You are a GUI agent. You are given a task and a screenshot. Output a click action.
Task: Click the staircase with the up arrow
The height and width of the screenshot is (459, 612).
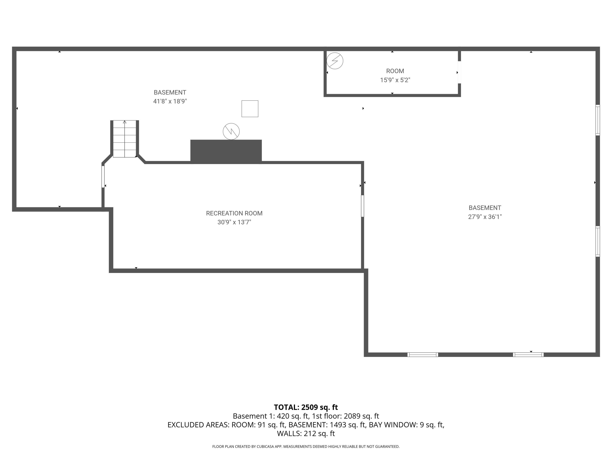coord(124,139)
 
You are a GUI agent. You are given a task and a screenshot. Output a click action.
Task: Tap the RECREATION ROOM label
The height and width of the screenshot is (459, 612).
coord(234,213)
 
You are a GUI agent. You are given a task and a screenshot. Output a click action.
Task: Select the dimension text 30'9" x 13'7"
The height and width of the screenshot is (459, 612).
coord(234,222)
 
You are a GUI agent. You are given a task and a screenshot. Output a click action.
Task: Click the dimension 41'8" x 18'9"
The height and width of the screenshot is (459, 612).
coord(170,101)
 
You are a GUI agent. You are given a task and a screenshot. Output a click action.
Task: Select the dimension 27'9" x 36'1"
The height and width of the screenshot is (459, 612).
coord(485,217)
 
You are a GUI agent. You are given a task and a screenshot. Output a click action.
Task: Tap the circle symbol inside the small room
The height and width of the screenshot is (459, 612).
coord(335,61)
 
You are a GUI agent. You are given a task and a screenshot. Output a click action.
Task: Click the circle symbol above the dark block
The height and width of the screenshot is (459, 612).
coord(231,131)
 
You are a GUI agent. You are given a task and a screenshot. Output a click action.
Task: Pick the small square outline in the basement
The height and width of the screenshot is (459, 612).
coord(250,109)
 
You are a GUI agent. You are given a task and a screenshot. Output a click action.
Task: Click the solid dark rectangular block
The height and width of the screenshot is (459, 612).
coord(226,151)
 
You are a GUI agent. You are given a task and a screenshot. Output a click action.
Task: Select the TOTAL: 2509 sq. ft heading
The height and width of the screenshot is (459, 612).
coord(306,407)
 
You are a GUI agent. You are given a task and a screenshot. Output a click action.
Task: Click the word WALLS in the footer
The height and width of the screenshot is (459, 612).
coord(289,433)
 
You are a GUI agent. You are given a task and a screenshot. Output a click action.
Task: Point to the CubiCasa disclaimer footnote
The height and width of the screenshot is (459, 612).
coord(306,447)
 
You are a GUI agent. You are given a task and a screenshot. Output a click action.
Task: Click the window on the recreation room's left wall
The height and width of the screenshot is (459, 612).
coord(103,176)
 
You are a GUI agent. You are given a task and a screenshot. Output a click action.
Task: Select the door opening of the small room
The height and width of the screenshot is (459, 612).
coord(459,72)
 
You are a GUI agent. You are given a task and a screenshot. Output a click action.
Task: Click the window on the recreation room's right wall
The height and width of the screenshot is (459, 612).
coord(363,206)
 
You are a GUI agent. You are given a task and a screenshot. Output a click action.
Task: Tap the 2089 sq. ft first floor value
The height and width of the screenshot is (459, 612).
coord(361,416)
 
